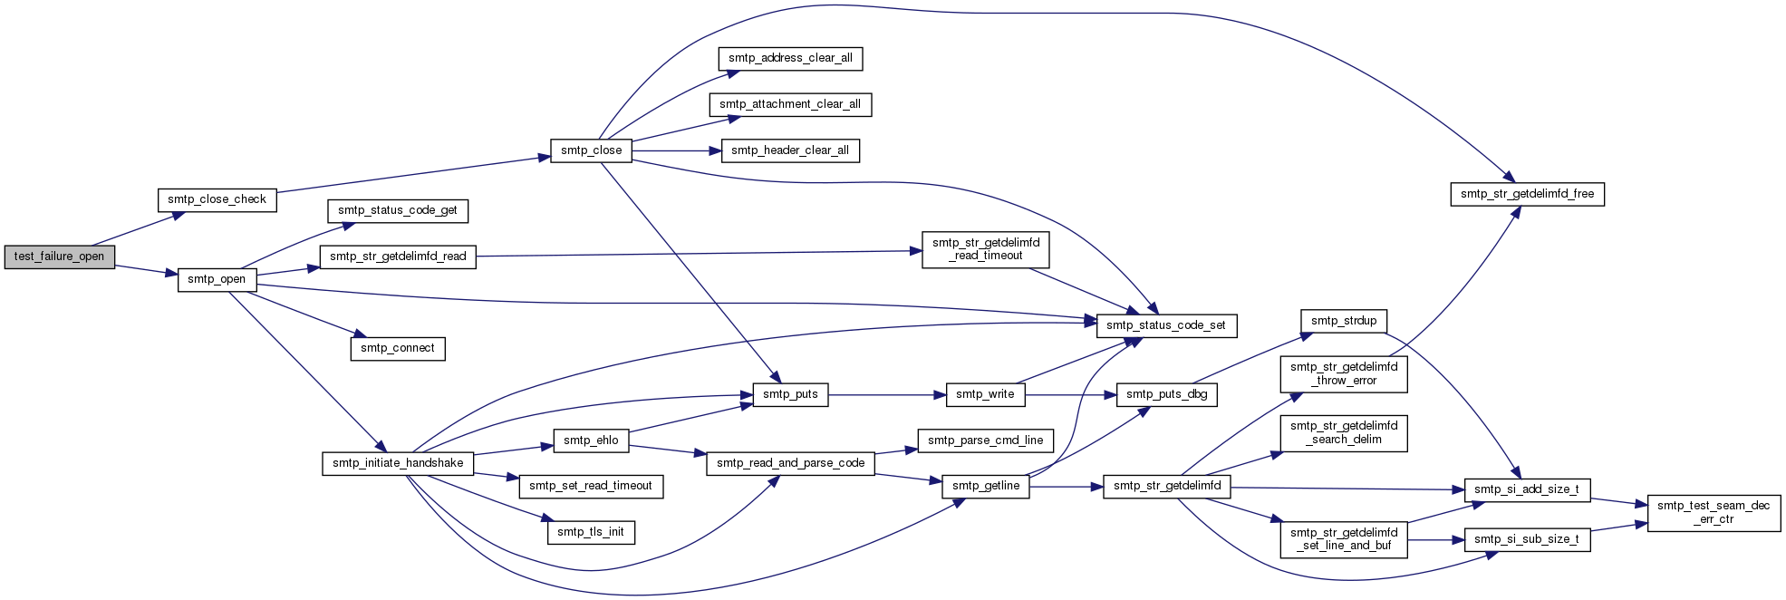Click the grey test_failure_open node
click(x=60, y=256)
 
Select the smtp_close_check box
click(x=217, y=199)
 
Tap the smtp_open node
click(x=217, y=279)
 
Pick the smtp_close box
click(x=591, y=150)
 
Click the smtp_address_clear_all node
click(x=790, y=58)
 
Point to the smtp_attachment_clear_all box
click(x=790, y=104)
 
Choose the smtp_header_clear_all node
click(x=790, y=150)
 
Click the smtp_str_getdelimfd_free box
click(x=1527, y=194)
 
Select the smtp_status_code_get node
click(x=398, y=210)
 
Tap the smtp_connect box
click(x=398, y=348)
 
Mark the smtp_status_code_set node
click(x=1166, y=325)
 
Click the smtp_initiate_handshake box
click(x=398, y=463)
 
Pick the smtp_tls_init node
click(x=591, y=532)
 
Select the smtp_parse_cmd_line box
click(x=986, y=440)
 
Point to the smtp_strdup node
click(x=1344, y=321)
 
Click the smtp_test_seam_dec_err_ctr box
click(x=1714, y=513)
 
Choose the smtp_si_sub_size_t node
click(x=1527, y=539)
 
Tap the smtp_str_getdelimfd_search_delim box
click(x=1344, y=433)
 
